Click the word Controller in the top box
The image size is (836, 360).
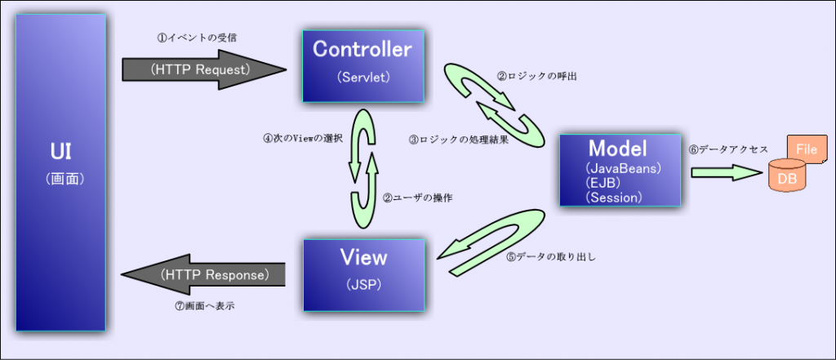tap(362, 50)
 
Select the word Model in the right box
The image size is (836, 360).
tap(618, 149)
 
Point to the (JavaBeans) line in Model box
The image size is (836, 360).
tap(623, 167)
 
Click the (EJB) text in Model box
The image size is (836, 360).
tap(603, 182)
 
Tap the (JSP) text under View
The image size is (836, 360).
tap(362, 286)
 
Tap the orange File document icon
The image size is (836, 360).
tap(805, 149)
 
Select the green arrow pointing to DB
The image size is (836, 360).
tap(727, 173)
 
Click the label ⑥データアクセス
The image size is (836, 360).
tap(728, 149)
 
